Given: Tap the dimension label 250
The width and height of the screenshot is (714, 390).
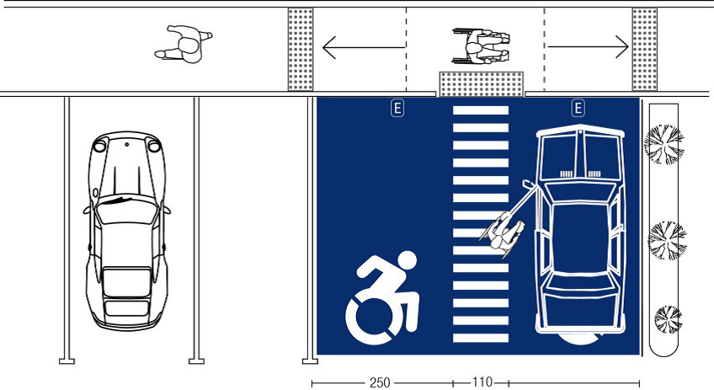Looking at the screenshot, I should point(380,382).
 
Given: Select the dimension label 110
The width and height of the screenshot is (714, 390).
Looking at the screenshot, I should point(482,382).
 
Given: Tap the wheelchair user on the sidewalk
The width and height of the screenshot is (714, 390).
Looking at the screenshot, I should point(482,47).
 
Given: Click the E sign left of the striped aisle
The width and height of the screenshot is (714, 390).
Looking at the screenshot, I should point(397,108).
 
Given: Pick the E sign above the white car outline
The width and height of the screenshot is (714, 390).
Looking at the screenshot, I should point(578,108).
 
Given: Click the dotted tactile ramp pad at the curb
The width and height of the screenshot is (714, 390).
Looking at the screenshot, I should point(482,84).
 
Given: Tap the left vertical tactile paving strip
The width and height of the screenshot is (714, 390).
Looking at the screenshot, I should point(301,49).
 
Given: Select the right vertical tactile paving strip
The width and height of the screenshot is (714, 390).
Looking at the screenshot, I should point(644,49).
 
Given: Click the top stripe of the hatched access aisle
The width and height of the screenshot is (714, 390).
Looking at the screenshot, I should point(481,110).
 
